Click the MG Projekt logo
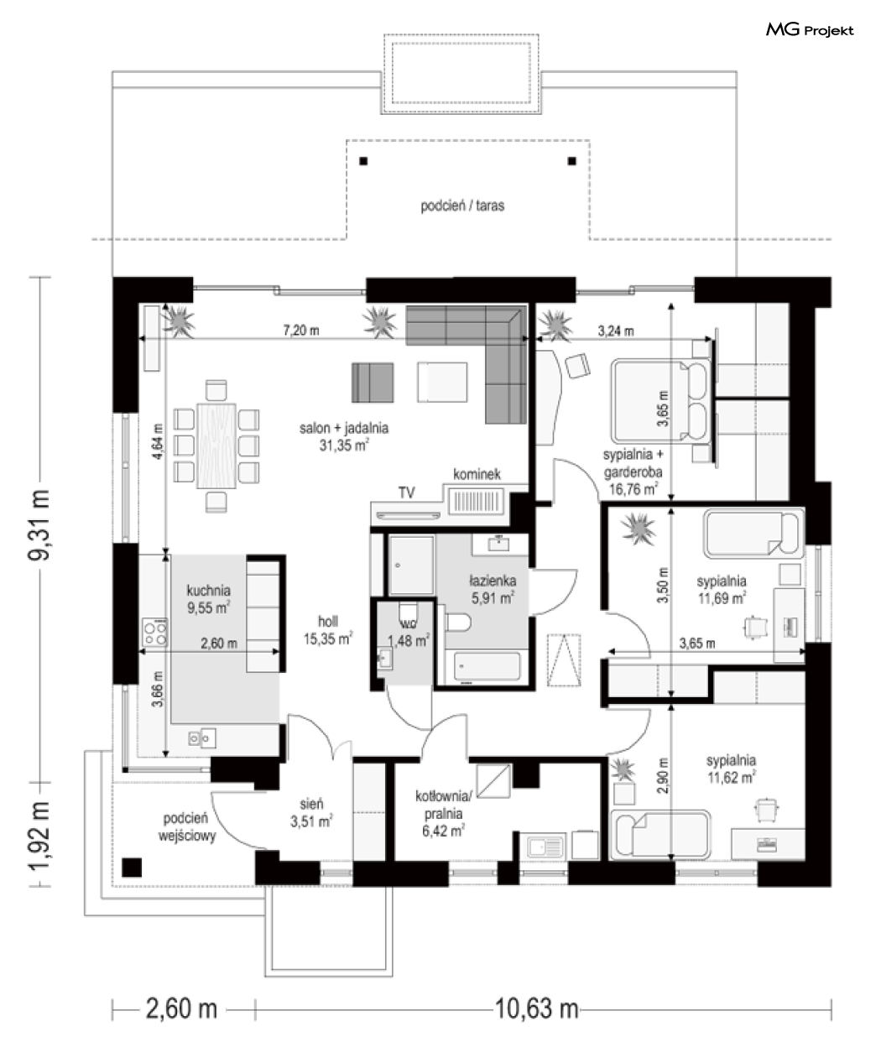click(810, 31)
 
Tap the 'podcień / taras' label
click(462, 206)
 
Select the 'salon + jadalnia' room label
click(344, 428)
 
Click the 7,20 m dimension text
click(301, 331)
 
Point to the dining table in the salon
click(216, 446)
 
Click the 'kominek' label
click(477, 474)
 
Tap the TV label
click(407, 492)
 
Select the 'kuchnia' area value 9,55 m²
click(209, 607)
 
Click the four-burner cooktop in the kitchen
click(154, 633)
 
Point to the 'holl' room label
click(328, 621)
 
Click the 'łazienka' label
click(493, 581)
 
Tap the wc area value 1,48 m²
click(409, 641)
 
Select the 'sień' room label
click(311, 804)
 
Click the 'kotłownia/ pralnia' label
click(444, 805)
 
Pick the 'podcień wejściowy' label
click(186, 826)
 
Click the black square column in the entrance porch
click(131, 868)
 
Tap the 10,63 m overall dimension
click(536, 1008)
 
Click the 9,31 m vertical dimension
click(39, 524)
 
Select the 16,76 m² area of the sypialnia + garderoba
click(633, 489)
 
